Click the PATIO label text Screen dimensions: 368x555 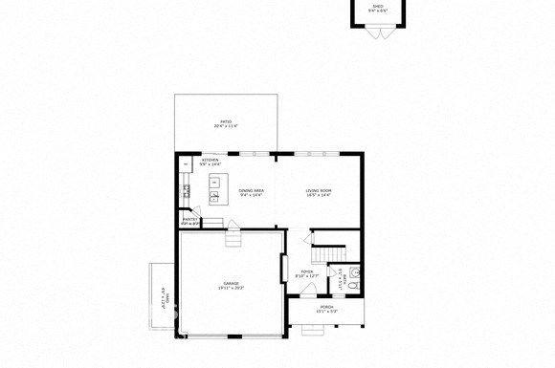tap(226, 121)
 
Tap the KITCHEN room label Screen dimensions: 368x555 tap(211, 160)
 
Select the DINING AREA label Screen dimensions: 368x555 tap(252, 190)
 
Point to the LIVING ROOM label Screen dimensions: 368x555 tap(319, 190)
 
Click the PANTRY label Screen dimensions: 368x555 tap(189, 220)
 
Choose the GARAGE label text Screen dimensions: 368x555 tap(232, 283)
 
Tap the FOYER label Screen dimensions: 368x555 tap(307, 272)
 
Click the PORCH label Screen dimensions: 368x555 tap(326, 307)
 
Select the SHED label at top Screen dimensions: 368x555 tap(378, 6)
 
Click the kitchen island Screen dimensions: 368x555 tap(215, 182)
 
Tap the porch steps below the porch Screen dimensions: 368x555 tap(313, 328)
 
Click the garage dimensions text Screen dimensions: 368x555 tap(232, 288)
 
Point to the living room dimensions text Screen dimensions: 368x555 tap(319, 195)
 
